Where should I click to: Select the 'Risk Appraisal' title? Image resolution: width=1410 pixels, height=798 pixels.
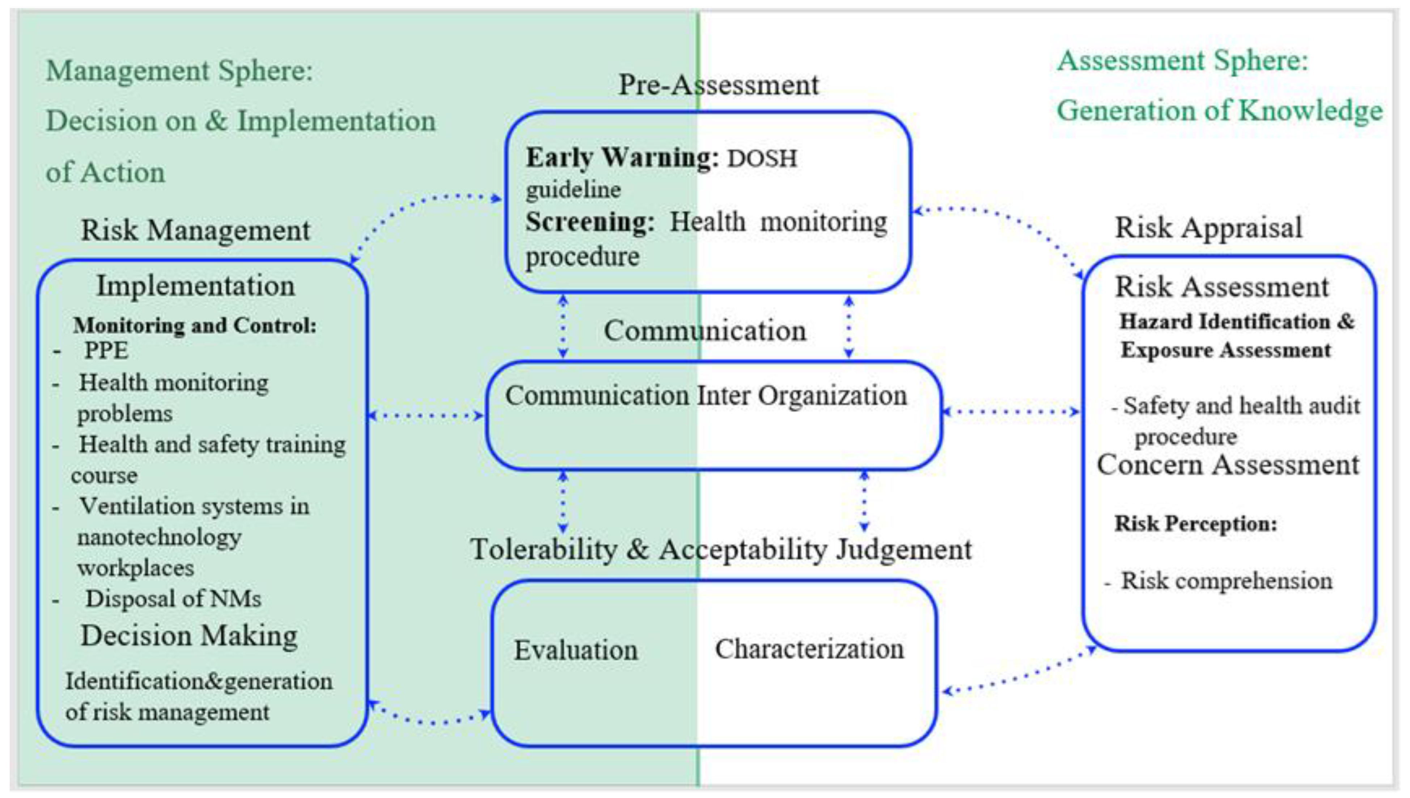click(1208, 227)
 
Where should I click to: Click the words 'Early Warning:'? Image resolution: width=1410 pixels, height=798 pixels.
click(622, 158)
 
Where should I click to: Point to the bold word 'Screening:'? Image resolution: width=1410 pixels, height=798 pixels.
click(590, 222)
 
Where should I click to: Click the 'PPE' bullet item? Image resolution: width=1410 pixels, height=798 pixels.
click(106, 350)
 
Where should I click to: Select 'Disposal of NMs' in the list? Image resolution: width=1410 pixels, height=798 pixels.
click(173, 598)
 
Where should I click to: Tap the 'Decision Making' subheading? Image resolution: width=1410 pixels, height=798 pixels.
click(189, 636)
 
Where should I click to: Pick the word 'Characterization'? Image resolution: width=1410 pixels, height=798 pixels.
click(809, 649)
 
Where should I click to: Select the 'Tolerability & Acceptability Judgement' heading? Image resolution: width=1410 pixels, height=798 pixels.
click(721, 549)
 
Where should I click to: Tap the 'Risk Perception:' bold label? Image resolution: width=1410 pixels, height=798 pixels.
click(1195, 524)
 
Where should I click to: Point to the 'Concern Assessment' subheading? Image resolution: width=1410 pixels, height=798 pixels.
click(1228, 465)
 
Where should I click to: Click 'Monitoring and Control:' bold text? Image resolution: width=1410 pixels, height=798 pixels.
click(195, 325)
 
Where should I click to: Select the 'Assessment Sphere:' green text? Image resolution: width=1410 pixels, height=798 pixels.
click(1182, 60)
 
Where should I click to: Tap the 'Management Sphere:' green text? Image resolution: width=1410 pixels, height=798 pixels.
click(179, 71)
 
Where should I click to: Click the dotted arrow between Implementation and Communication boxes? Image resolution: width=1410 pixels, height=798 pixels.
click(426, 415)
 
